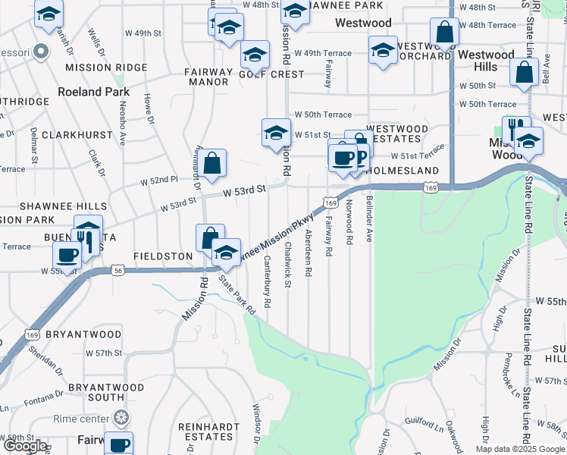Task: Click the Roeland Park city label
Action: (x=93, y=92)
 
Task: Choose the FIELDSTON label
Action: (x=163, y=256)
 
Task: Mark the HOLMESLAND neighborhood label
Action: (x=402, y=171)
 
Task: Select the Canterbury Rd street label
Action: (x=268, y=281)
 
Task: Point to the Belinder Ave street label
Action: (x=369, y=220)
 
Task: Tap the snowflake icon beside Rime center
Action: (x=121, y=417)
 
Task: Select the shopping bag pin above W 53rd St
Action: (x=213, y=162)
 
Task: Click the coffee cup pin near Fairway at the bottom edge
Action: (x=117, y=444)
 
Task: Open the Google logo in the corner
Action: (x=25, y=446)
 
